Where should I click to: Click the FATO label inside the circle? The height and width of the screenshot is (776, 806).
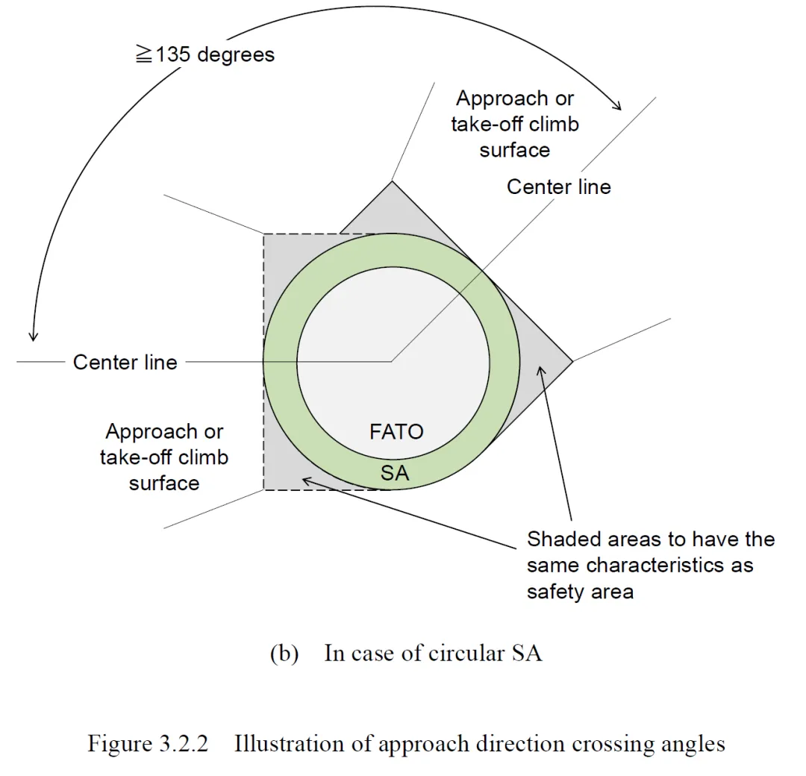(396, 431)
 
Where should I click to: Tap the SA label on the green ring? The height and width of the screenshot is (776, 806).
(395, 472)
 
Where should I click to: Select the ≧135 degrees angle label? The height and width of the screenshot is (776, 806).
(205, 54)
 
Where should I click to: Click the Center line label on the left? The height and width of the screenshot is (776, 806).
(125, 363)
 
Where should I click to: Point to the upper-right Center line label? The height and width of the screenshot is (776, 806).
(558, 187)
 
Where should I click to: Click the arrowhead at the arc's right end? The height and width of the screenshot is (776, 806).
(616, 106)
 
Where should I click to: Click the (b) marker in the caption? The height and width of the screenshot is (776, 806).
(284, 654)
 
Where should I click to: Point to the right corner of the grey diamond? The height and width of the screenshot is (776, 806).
(572, 362)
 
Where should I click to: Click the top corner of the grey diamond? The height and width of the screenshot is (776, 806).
(392, 181)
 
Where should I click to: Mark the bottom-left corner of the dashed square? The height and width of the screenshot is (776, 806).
(263, 489)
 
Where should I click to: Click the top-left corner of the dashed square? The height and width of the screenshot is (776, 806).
(263, 234)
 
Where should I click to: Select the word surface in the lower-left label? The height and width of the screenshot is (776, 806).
(164, 483)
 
